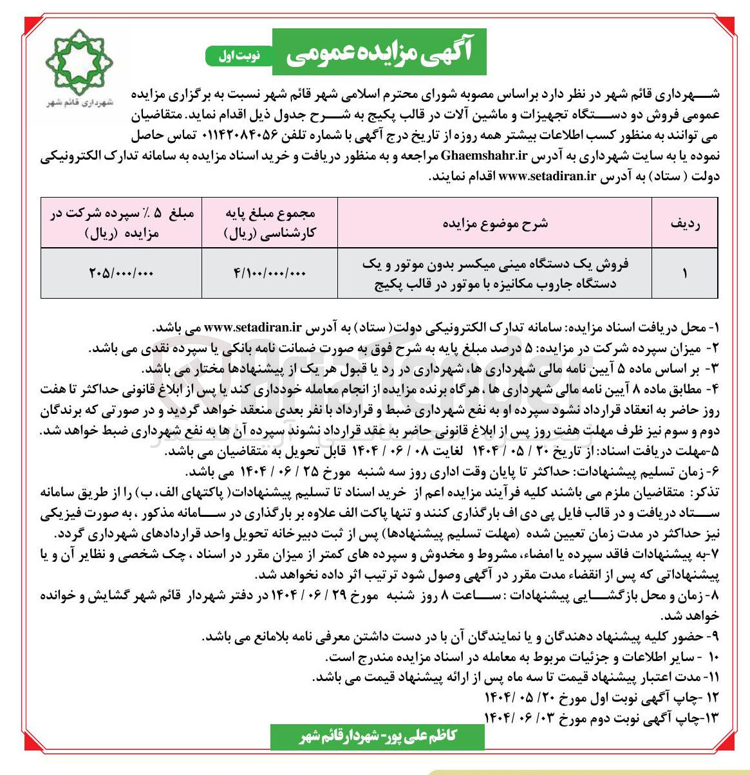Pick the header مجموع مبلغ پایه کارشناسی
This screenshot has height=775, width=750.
(x=270, y=223)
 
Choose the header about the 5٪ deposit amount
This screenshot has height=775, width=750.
(x=121, y=223)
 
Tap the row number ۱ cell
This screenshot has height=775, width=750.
(x=685, y=273)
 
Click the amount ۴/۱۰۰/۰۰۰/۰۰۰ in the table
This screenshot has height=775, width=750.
(x=270, y=273)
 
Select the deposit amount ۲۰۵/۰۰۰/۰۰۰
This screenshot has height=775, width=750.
(x=121, y=273)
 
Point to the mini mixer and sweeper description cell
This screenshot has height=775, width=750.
(x=495, y=273)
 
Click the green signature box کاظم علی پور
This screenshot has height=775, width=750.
(x=377, y=736)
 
